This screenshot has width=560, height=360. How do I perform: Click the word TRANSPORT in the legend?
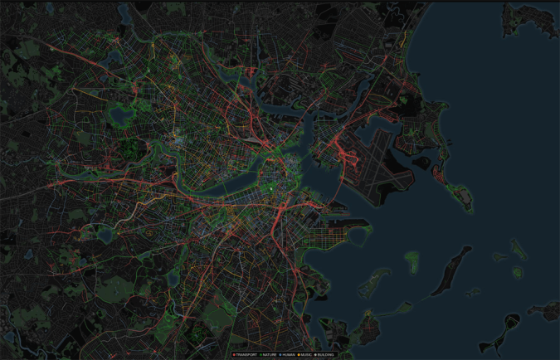(x=246, y=355)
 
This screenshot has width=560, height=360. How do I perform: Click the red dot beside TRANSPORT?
(x=235, y=355)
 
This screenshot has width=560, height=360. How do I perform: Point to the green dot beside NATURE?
(x=261, y=355)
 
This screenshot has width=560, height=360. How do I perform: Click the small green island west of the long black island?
(x=412, y=262)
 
